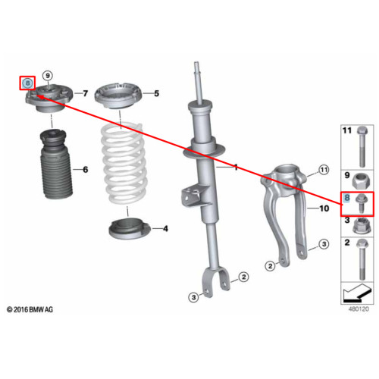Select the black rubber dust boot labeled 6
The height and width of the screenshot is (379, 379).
(56, 164)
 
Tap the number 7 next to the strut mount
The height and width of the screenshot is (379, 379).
(86, 93)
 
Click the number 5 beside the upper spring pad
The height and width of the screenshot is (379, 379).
(157, 93)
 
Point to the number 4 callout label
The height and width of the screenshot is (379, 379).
(165, 229)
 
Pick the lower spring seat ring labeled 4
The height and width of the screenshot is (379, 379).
(130, 228)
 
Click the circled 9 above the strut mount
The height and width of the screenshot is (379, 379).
(48, 76)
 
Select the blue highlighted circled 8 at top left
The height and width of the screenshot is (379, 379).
(27, 83)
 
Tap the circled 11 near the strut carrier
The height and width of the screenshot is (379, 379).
(324, 170)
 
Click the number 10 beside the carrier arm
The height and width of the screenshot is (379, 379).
(324, 208)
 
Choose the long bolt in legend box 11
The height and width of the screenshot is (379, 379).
(362, 146)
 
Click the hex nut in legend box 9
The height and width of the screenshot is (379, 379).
(362, 181)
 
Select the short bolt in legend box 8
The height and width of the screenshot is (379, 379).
(362, 204)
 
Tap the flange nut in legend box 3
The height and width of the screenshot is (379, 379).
(362, 226)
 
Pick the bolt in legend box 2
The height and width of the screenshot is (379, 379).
(362, 259)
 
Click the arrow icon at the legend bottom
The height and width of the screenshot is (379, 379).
(358, 293)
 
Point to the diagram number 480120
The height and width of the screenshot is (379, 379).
(359, 309)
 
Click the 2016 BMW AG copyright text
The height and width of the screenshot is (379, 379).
(30, 309)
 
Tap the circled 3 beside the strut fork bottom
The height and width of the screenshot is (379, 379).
(193, 297)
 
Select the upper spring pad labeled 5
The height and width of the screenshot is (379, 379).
(118, 96)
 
